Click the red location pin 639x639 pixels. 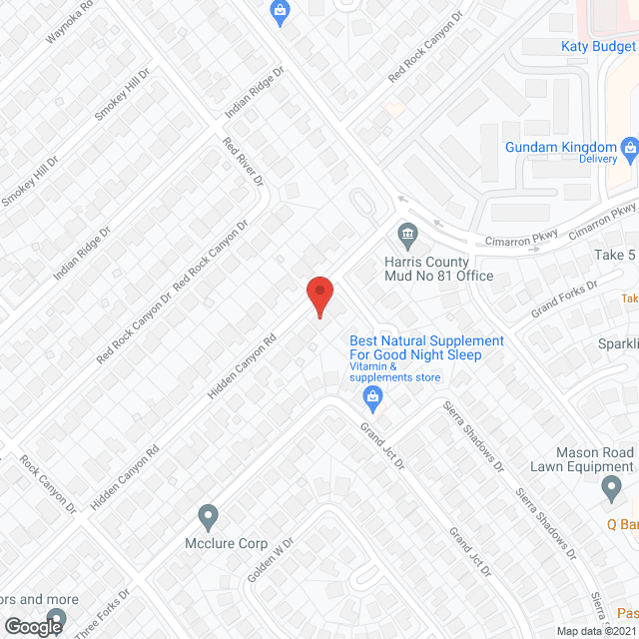tap(319, 297)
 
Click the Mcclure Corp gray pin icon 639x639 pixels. tap(208, 517)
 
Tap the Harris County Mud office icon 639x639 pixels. tap(407, 236)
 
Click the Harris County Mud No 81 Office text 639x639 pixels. tap(439, 268)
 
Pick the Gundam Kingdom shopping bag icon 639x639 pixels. tap(630, 152)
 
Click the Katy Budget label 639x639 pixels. tap(599, 46)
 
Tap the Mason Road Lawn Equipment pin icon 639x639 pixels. tap(613, 488)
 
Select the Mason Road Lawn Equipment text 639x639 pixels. tap(583, 458)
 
